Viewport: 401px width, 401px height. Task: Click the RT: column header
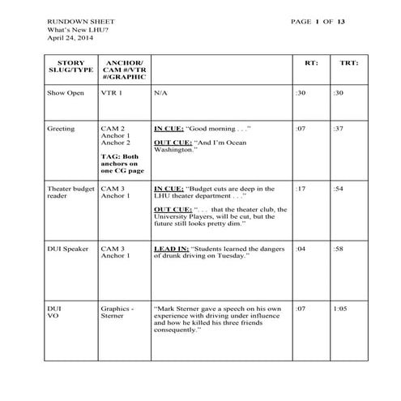point(311,62)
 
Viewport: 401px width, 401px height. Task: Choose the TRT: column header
point(349,62)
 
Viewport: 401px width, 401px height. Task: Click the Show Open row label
point(66,92)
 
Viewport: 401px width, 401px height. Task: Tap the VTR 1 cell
point(112,92)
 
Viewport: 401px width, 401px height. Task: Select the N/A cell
point(161,92)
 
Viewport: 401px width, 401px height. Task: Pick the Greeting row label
point(62,128)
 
